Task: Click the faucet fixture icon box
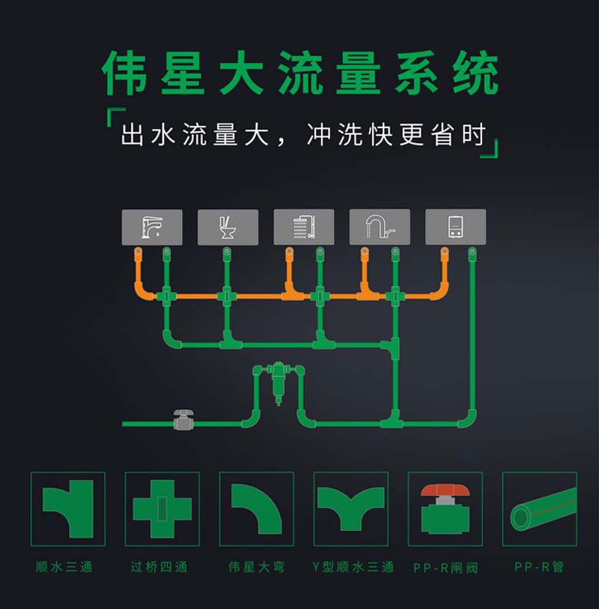coord(152,226)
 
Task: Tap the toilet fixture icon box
coord(228,226)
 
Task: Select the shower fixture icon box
coord(303,226)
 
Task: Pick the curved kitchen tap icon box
coord(380,226)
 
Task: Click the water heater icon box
coord(455,226)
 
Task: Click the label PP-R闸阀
coord(444,568)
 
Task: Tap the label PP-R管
coord(539,567)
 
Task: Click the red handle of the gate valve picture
coord(445,491)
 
